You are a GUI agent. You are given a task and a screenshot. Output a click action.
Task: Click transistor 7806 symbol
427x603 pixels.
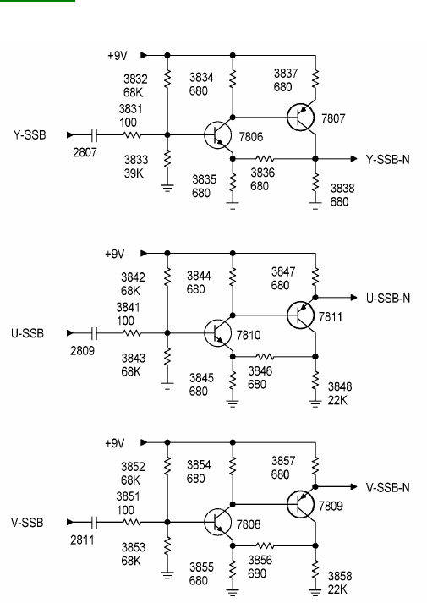(217, 135)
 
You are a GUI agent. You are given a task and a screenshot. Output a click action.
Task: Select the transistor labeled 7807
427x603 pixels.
(300, 117)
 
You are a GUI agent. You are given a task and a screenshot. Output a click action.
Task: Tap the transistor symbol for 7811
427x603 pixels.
(300, 315)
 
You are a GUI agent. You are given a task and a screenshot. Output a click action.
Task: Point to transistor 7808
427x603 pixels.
(217, 522)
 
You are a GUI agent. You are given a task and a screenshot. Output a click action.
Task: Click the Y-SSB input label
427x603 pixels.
(30, 135)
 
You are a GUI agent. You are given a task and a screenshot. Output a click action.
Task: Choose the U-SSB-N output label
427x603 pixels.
(388, 299)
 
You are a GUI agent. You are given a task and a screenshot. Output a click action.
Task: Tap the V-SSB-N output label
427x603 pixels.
(388, 488)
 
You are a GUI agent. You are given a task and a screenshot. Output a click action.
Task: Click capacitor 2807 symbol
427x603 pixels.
(95, 135)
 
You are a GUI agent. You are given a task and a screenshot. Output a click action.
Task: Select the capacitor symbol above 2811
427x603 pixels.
(95, 522)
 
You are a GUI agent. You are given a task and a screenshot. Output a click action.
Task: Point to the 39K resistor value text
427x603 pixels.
(134, 173)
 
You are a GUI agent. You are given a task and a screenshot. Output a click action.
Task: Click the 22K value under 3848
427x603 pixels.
(337, 400)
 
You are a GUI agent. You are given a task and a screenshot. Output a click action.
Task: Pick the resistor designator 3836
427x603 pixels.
(262, 173)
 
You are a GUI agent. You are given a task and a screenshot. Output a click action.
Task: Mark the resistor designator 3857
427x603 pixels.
(283, 461)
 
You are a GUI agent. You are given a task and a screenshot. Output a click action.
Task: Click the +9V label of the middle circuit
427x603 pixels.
(114, 254)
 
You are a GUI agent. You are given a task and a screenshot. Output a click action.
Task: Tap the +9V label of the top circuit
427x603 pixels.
(118, 56)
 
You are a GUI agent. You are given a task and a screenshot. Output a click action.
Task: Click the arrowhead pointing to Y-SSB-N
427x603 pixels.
(354, 158)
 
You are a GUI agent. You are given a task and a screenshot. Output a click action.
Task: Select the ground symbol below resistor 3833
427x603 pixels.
(167, 188)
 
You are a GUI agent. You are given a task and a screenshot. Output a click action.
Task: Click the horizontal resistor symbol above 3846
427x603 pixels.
(265, 357)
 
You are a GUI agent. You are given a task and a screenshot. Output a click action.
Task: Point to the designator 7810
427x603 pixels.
(249, 335)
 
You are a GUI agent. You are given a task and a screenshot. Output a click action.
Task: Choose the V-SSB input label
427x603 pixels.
(27, 523)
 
